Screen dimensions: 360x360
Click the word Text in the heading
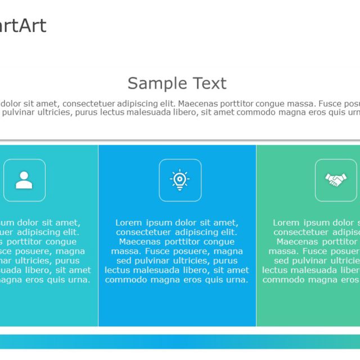tap(208, 84)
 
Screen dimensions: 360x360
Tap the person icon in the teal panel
tap(24, 180)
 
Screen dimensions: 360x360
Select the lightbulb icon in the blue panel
tap(180, 180)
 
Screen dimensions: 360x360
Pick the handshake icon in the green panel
tap(336, 180)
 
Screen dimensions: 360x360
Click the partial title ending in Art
tap(23, 26)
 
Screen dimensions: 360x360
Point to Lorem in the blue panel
tap(128, 223)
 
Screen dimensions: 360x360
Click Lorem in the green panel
tap(286, 223)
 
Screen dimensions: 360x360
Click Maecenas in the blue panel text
tap(141, 242)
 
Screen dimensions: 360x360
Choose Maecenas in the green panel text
tap(298, 242)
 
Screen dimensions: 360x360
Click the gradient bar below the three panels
tap(180, 341)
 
